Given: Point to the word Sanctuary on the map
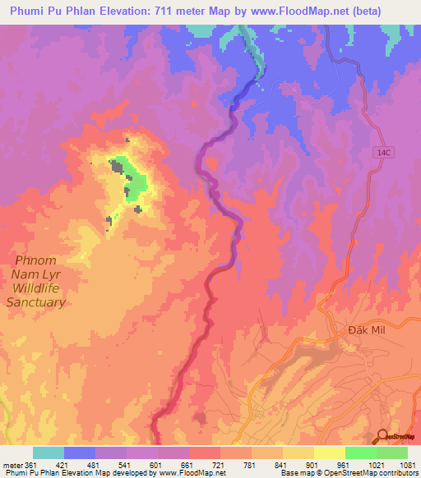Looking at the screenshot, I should click(x=35, y=302).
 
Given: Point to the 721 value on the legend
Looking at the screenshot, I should click(x=220, y=464).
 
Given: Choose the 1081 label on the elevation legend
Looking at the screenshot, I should click(x=407, y=464).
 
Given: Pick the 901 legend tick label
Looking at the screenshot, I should click(x=313, y=464).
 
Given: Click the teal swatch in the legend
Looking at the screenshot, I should click(x=49, y=453).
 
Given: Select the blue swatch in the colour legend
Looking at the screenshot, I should click(x=80, y=453).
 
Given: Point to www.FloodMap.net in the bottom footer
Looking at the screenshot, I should click(x=192, y=474).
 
